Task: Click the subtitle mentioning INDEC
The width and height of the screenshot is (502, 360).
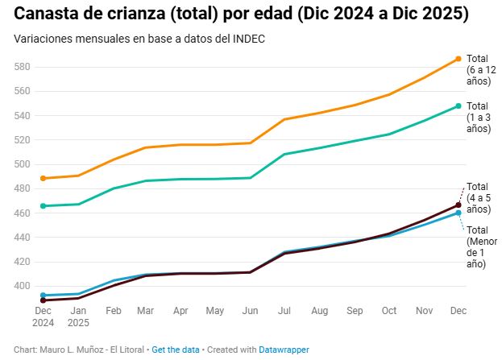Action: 139,39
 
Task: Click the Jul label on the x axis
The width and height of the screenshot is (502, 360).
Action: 284,310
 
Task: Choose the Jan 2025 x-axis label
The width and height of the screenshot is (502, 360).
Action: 77,316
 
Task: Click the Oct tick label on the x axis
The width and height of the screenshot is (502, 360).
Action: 388,310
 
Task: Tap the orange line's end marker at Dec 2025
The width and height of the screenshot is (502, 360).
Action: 458,59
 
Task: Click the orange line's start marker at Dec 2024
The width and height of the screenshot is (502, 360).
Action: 43,178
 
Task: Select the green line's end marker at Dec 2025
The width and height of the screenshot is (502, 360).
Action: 458,106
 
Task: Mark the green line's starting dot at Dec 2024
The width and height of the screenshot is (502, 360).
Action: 43,206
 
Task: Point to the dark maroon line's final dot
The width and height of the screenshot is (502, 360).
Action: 458,205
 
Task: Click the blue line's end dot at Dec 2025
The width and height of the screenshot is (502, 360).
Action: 458,213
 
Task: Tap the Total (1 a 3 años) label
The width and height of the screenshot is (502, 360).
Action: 479,117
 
